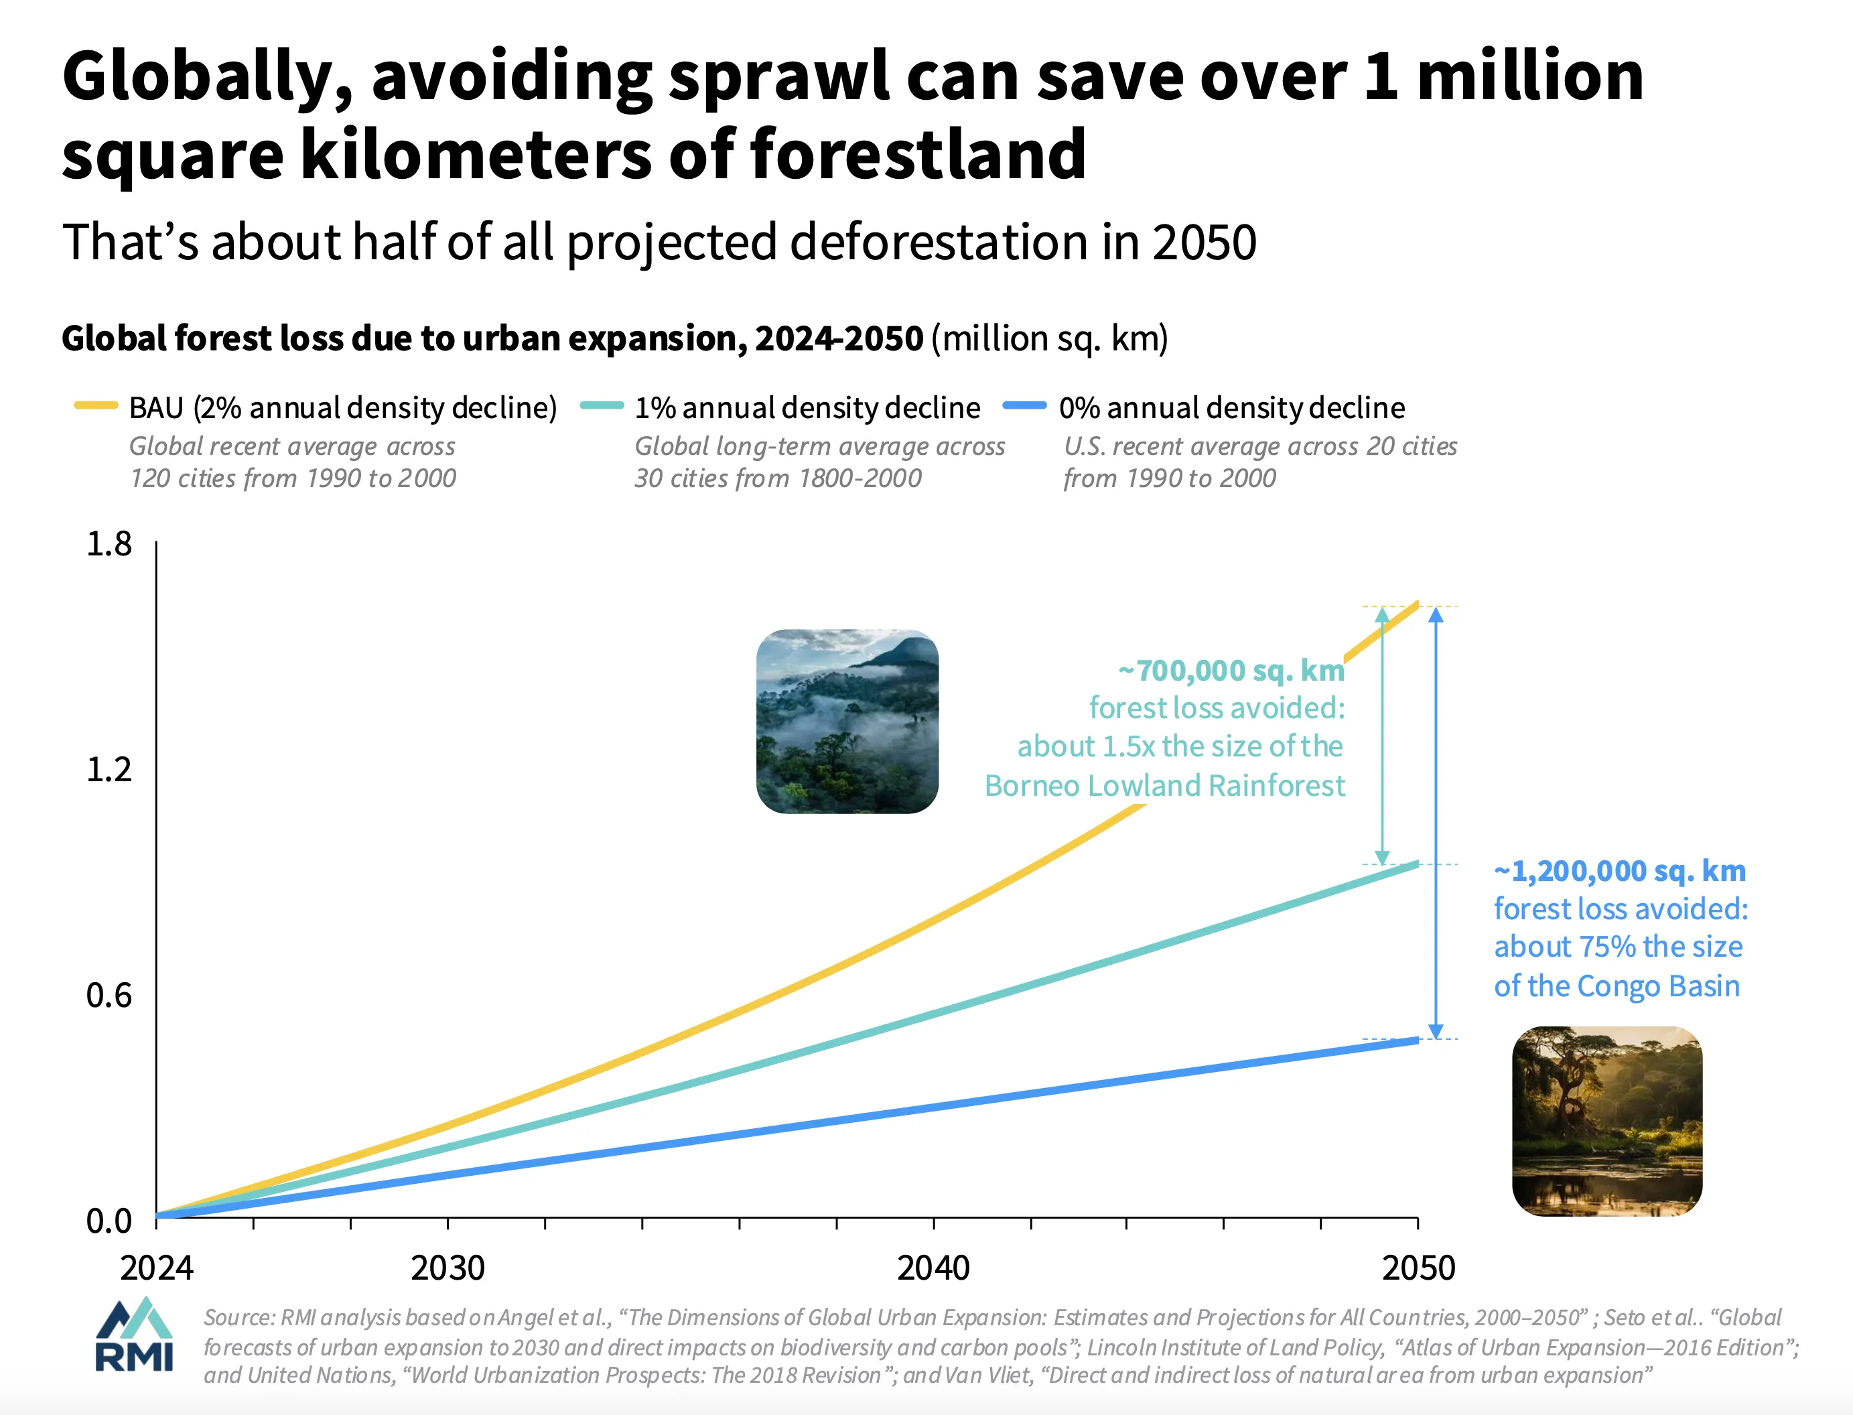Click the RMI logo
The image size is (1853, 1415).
pos(135,1335)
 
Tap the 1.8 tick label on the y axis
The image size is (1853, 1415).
pos(109,545)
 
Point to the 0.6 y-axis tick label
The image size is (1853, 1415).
pos(109,996)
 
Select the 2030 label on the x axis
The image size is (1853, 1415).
pos(448,1268)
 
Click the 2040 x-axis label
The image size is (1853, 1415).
pos(933,1268)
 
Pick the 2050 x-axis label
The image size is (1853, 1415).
pos(1418,1268)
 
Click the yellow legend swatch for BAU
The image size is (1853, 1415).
pos(95,406)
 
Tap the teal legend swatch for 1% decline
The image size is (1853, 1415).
pos(602,406)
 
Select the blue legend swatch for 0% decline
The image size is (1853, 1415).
pos(1024,406)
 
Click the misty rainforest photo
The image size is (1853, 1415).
pos(847,722)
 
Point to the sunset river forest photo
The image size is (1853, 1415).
pos(1607,1121)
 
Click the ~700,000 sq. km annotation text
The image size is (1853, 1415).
pos(1231,671)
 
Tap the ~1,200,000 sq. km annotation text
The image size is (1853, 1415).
pos(1620,871)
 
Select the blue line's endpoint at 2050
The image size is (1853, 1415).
pos(1417,1040)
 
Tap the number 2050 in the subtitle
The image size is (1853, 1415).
pos(1204,243)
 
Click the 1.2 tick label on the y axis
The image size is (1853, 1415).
pos(109,770)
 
